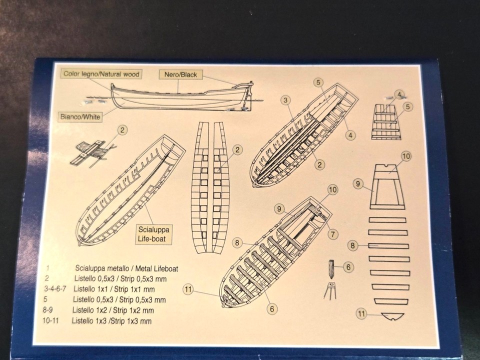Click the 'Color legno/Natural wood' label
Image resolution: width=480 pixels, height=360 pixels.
tap(101, 74)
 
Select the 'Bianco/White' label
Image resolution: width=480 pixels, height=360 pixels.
tap(81, 116)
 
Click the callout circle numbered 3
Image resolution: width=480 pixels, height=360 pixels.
tap(285, 100)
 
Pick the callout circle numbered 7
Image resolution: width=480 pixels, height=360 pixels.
tap(333, 234)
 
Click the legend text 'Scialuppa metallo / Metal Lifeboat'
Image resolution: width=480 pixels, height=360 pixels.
tap(126, 268)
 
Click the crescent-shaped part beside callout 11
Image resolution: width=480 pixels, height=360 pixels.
tap(392, 316)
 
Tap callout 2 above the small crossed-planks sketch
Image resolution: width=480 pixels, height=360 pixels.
tap(123, 130)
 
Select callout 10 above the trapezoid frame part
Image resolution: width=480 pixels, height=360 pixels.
tap(405, 156)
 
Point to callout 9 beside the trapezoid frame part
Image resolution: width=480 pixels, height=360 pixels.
tap(357, 184)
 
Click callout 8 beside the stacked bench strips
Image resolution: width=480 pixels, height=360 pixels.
tap(353, 245)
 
